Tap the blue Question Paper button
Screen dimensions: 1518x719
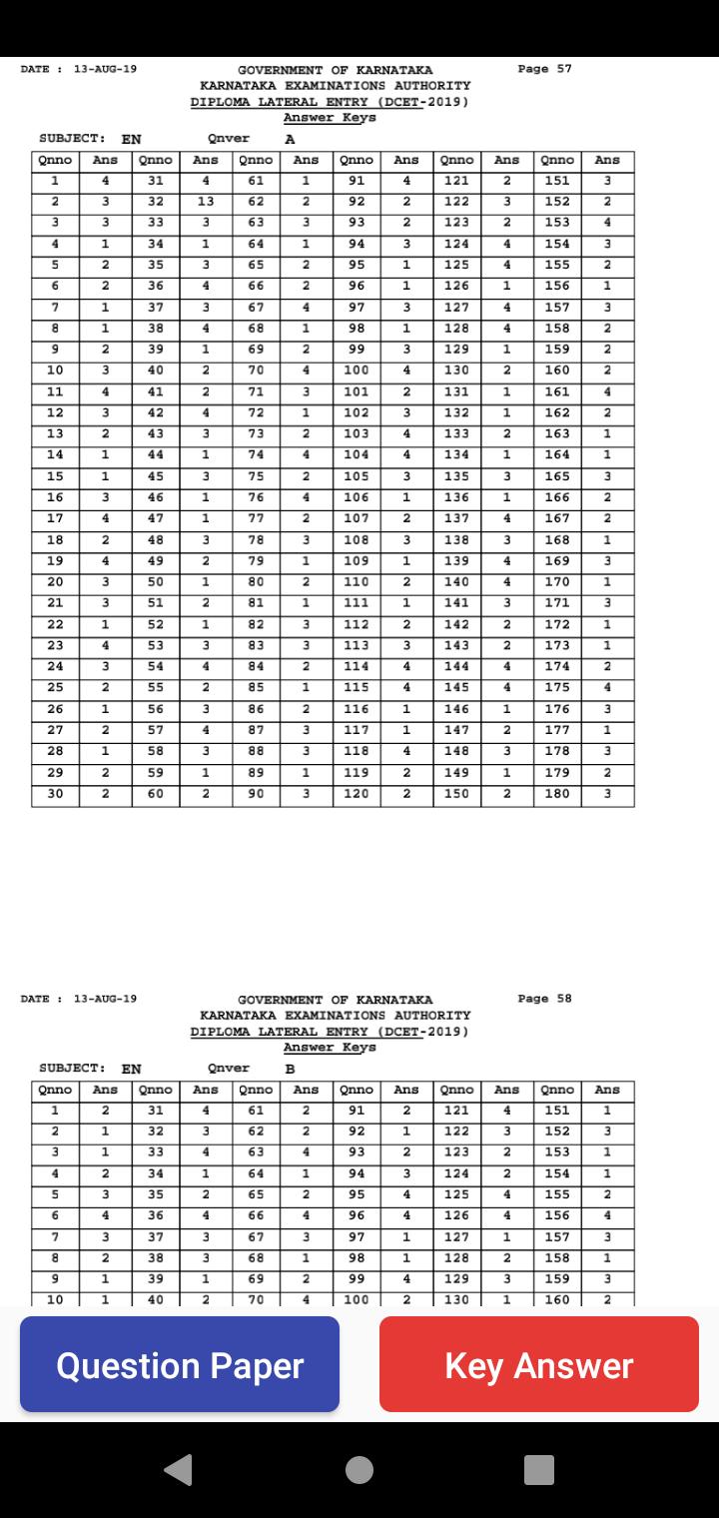coord(180,1364)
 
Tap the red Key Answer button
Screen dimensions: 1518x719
coord(539,1364)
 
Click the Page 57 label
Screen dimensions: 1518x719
coord(545,69)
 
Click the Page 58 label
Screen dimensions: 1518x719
coord(545,999)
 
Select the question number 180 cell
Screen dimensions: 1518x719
coord(557,794)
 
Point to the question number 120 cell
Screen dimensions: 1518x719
coord(357,794)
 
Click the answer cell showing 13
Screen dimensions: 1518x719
coord(206,202)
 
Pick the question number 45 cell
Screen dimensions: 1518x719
coord(155,476)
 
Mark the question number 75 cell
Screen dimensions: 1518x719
coord(256,476)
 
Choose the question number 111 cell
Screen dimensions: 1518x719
coord(357,603)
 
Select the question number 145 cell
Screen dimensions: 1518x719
coord(456,688)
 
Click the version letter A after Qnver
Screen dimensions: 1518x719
coord(290,139)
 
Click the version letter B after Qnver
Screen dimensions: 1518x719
coord(290,1069)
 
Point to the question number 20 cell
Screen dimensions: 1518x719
coord(55,582)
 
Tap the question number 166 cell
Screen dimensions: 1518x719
coord(557,497)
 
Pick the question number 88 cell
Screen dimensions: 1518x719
coord(256,751)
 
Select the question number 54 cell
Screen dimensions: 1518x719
coord(155,666)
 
